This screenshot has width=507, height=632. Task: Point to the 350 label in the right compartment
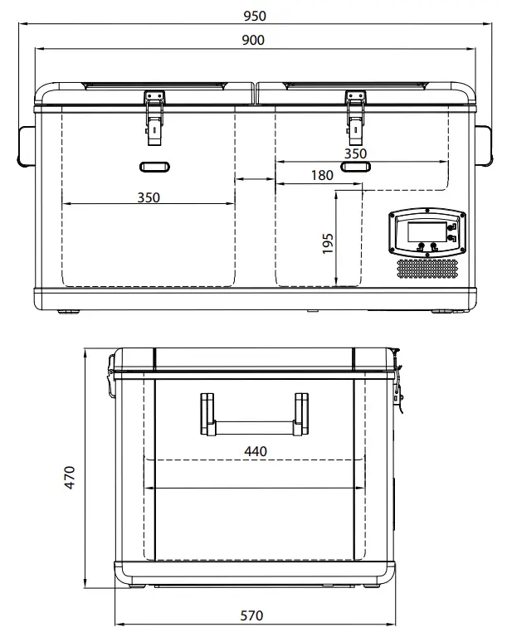point(355,153)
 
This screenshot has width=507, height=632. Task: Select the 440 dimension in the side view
point(255,450)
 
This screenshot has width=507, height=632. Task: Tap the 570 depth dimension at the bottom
point(252,615)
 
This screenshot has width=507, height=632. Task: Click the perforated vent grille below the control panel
point(427,268)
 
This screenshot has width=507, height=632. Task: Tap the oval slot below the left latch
point(154,167)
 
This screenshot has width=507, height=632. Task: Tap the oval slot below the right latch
point(356,167)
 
